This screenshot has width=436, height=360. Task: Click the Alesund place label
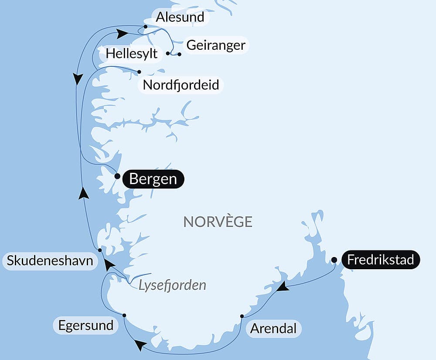(180, 17)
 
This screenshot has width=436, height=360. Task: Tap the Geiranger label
(216, 45)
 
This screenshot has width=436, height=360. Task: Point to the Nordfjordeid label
(181, 85)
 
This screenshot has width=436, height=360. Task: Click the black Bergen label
(153, 179)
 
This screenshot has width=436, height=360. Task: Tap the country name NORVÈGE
(218, 222)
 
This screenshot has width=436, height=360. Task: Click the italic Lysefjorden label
(172, 286)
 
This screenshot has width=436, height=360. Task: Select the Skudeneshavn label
(50, 261)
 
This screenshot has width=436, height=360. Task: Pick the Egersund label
(85, 325)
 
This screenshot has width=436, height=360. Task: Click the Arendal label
(273, 328)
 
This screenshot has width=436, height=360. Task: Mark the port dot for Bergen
(117, 176)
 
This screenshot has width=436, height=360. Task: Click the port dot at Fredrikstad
(334, 260)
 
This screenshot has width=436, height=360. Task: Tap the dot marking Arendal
(242, 316)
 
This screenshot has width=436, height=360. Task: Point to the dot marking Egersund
(124, 315)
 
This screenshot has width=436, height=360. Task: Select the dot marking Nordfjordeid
(139, 72)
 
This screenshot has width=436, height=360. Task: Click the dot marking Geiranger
(179, 55)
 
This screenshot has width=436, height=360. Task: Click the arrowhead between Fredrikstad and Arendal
(284, 287)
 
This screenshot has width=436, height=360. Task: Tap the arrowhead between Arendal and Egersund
(140, 345)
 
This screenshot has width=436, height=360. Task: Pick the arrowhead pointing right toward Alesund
(123, 33)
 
